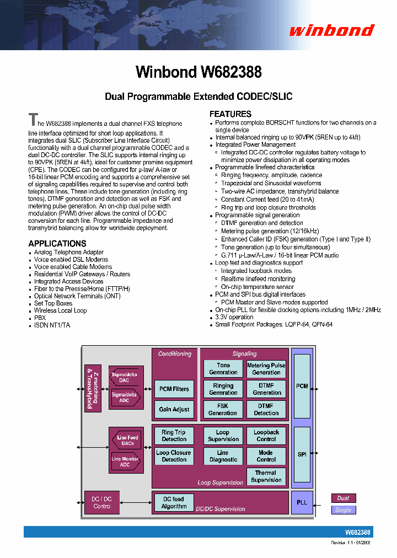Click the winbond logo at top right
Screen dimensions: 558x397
pos(331,30)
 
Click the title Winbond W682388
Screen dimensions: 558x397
pos(198,72)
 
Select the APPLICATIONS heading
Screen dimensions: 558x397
pos(57,243)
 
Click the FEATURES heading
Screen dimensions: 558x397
pos(230,114)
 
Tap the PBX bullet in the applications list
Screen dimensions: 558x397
pos(40,318)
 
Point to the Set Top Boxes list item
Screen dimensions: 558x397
pos(53,303)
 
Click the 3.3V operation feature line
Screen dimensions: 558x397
pos(234,318)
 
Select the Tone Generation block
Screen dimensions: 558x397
pos(223,369)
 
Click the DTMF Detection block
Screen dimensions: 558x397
pos(266,410)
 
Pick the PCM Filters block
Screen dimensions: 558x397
pos(174,389)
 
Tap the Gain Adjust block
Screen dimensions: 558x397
pos(174,410)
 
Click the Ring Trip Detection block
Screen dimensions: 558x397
pos(174,436)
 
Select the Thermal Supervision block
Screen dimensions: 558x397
pos(266,476)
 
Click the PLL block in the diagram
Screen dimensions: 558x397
pos(302,502)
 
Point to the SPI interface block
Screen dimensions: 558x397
pos(302,454)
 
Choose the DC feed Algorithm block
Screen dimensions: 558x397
pos(174,502)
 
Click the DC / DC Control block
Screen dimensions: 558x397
pos(102,502)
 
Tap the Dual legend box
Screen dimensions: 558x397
pos(343,498)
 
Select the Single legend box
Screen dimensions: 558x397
pos(343,510)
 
